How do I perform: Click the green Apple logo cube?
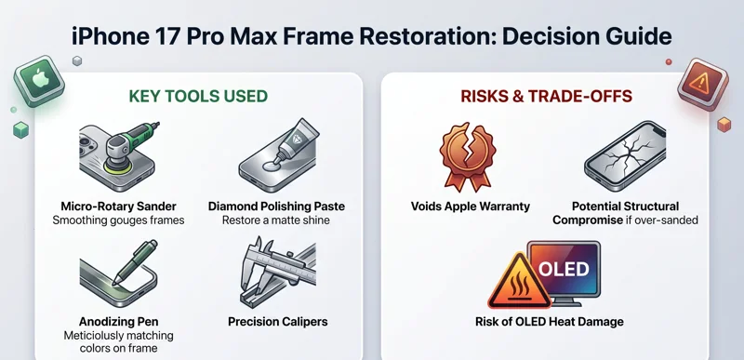(37, 85)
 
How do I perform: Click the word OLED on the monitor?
(564, 270)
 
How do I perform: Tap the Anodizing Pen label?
(118, 322)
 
